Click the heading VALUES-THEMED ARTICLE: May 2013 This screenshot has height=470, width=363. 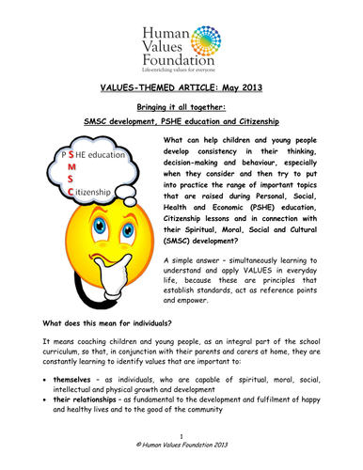click(181, 86)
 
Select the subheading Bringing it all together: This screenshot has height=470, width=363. click(181, 107)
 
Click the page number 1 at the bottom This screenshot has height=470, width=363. click(181, 450)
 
